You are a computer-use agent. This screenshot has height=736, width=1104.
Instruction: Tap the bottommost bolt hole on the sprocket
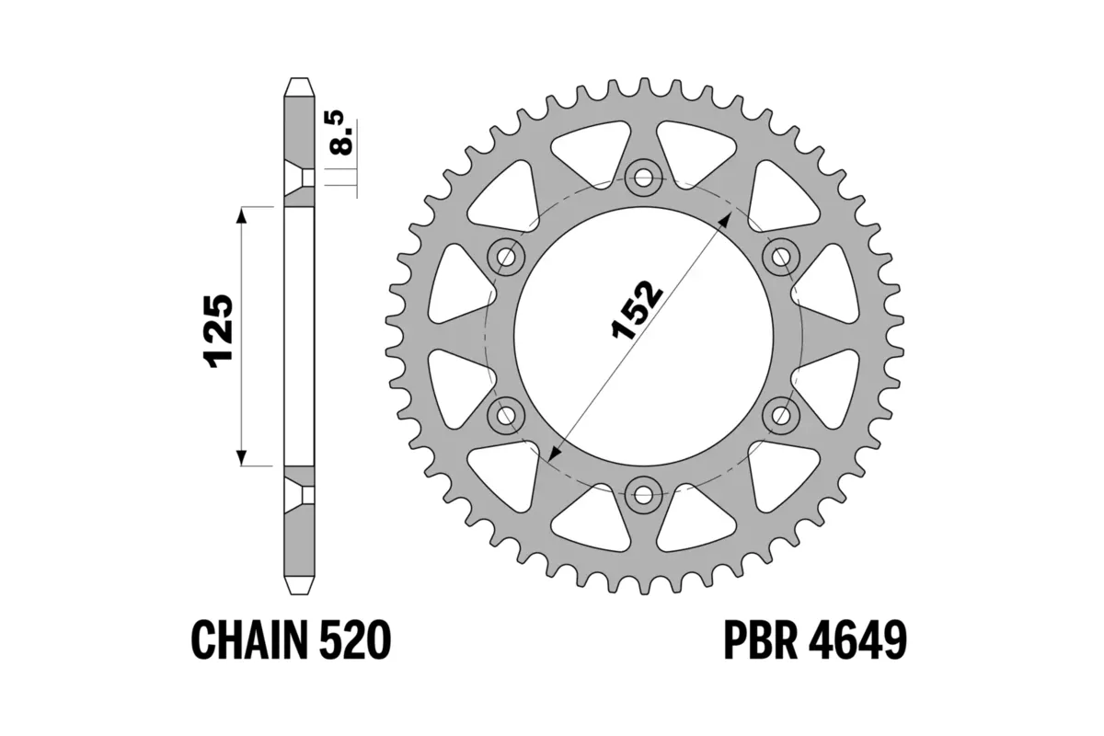pyautogui.click(x=643, y=495)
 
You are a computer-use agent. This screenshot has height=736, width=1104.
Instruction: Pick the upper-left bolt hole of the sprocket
pyautogui.click(x=505, y=256)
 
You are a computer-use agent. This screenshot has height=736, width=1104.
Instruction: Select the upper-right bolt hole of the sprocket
pyautogui.click(x=781, y=256)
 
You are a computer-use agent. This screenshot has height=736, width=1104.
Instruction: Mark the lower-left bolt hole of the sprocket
pyautogui.click(x=505, y=415)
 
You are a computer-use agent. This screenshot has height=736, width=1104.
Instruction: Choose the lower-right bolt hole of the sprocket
pyautogui.click(x=781, y=415)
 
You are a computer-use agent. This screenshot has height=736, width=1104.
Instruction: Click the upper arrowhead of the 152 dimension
pyautogui.click(x=728, y=216)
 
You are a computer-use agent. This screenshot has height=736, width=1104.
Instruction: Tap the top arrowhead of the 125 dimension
pyautogui.click(x=242, y=214)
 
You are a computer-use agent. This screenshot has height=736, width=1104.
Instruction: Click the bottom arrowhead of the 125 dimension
pyautogui.click(x=242, y=457)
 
